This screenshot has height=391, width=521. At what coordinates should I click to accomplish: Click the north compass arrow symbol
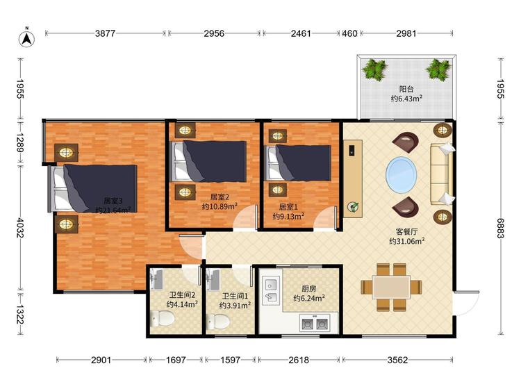tap(26, 38)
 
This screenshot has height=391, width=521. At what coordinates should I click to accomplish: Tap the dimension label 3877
tap(105, 33)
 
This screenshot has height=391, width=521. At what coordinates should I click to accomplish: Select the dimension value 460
tap(349, 33)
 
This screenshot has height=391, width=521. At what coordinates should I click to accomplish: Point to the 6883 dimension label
tap(501, 228)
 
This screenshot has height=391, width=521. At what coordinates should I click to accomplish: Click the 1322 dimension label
tap(21, 315)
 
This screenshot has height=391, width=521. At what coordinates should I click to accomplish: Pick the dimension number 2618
tap(299, 360)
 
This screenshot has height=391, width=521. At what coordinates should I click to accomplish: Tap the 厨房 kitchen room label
tap(308, 289)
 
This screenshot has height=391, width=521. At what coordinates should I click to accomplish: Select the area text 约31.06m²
tap(406, 241)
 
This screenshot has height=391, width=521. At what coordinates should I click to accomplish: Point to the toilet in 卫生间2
tap(163, 318)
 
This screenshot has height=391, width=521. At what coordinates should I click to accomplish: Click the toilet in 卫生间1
tap(218, 322)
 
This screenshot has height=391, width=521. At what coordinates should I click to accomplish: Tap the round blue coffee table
tap(401, 175)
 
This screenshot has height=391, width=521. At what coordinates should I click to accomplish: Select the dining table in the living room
tap(391, 287)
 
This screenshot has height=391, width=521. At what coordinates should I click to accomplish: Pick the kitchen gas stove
tap(315, 323)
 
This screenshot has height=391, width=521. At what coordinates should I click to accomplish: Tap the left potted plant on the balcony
tap(375, 69)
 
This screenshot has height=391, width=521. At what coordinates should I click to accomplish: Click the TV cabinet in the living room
tap(353, 178)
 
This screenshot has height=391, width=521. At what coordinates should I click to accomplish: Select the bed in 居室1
tap(299, 163)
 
